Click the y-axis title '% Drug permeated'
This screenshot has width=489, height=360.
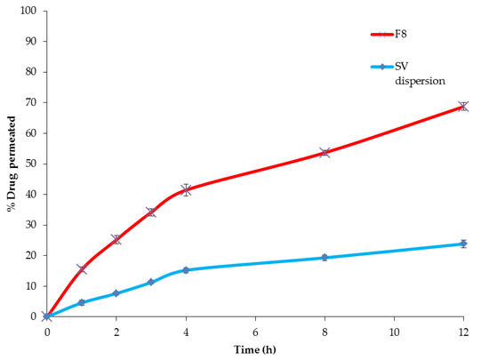click(x=12, y=164)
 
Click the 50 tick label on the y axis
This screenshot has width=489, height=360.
click(x=32, y=164)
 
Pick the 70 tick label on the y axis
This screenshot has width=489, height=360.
click(x=32, y=102)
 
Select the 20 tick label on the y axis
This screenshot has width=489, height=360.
click(x=32, y=255)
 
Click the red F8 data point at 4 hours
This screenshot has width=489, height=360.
click(x=186, y=190)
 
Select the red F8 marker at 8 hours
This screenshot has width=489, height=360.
click(x=325, y=153)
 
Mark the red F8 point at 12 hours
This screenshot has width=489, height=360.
click(x=462, y=106)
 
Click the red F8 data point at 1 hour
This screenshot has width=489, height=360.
click(x=82, y=269)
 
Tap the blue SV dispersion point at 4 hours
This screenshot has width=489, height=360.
click(x=186, y=270)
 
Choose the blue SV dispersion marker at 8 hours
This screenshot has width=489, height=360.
click(x=325, y=258)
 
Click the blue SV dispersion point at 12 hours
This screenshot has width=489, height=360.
click(x=462, y=244)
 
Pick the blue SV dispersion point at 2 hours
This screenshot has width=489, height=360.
click(x=116, y=293)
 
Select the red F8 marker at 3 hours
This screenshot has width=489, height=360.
click(x=151, y=212)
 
